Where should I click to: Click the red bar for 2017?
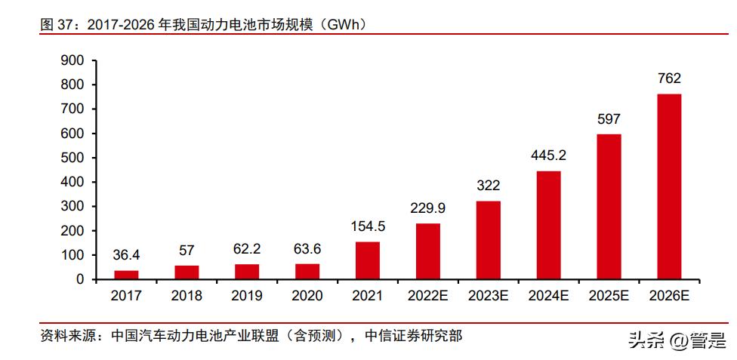click(126, 275)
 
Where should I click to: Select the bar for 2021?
click(368, 260)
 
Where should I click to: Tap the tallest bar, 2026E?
click(669, 186)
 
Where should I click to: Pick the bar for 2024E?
click(548, 225)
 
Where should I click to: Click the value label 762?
click(669, 78)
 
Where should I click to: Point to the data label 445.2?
click(548, 155)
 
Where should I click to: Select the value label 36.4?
click(126, 255)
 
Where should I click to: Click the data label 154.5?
click(368, 226)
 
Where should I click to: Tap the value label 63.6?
click(307, 248)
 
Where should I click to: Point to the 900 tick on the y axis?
click(73, 60)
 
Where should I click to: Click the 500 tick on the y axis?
click(73, 158)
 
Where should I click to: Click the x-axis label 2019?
click(247, 296)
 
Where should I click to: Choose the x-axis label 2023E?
click(488, 296)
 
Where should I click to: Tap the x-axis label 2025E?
click(609, 296)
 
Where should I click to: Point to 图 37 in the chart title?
click(57, 25)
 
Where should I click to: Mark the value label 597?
click(609, 119)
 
